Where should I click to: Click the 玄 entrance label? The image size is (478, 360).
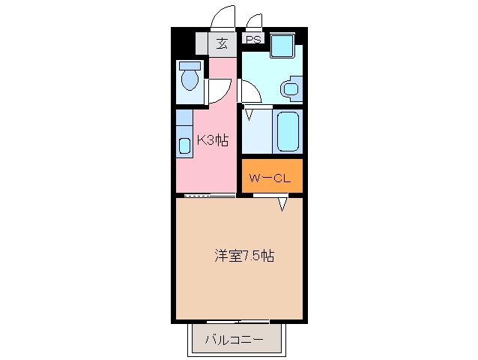pyautogui.click(x=222, y=43)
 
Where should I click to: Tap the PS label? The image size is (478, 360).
pyautogui.click(x=254, y=40)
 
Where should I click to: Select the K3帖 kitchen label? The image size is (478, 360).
pyautogui.click(x=213, y=140)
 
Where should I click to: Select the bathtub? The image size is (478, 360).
pyautogui.click(x=287, y=132)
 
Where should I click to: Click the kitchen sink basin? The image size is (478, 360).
pyautogui.click(x=185, y=145)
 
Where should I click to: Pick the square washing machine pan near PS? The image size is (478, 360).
pyautogui.click(x=283, y=46)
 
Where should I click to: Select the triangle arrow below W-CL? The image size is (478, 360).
pyautogui.click(x=282, y=205)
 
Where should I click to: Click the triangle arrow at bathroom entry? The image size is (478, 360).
pyautogui.click(x=249, y=115)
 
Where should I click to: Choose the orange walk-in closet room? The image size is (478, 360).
pyautogui.click(x=272, y=175)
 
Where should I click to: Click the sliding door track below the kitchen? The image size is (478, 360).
pyautogui.click(x=209, y=196)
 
